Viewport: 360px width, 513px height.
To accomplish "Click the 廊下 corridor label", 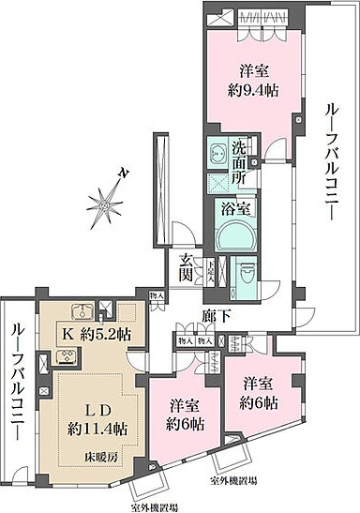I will [x=215, y=317].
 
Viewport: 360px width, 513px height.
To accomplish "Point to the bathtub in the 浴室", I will [x=231, y=236].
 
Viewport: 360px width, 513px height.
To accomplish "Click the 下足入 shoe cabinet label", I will [x=212, y=275].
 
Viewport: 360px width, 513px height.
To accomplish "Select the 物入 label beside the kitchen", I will [x=155, y=298].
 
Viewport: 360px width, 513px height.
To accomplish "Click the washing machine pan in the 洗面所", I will [x=217, y=150].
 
